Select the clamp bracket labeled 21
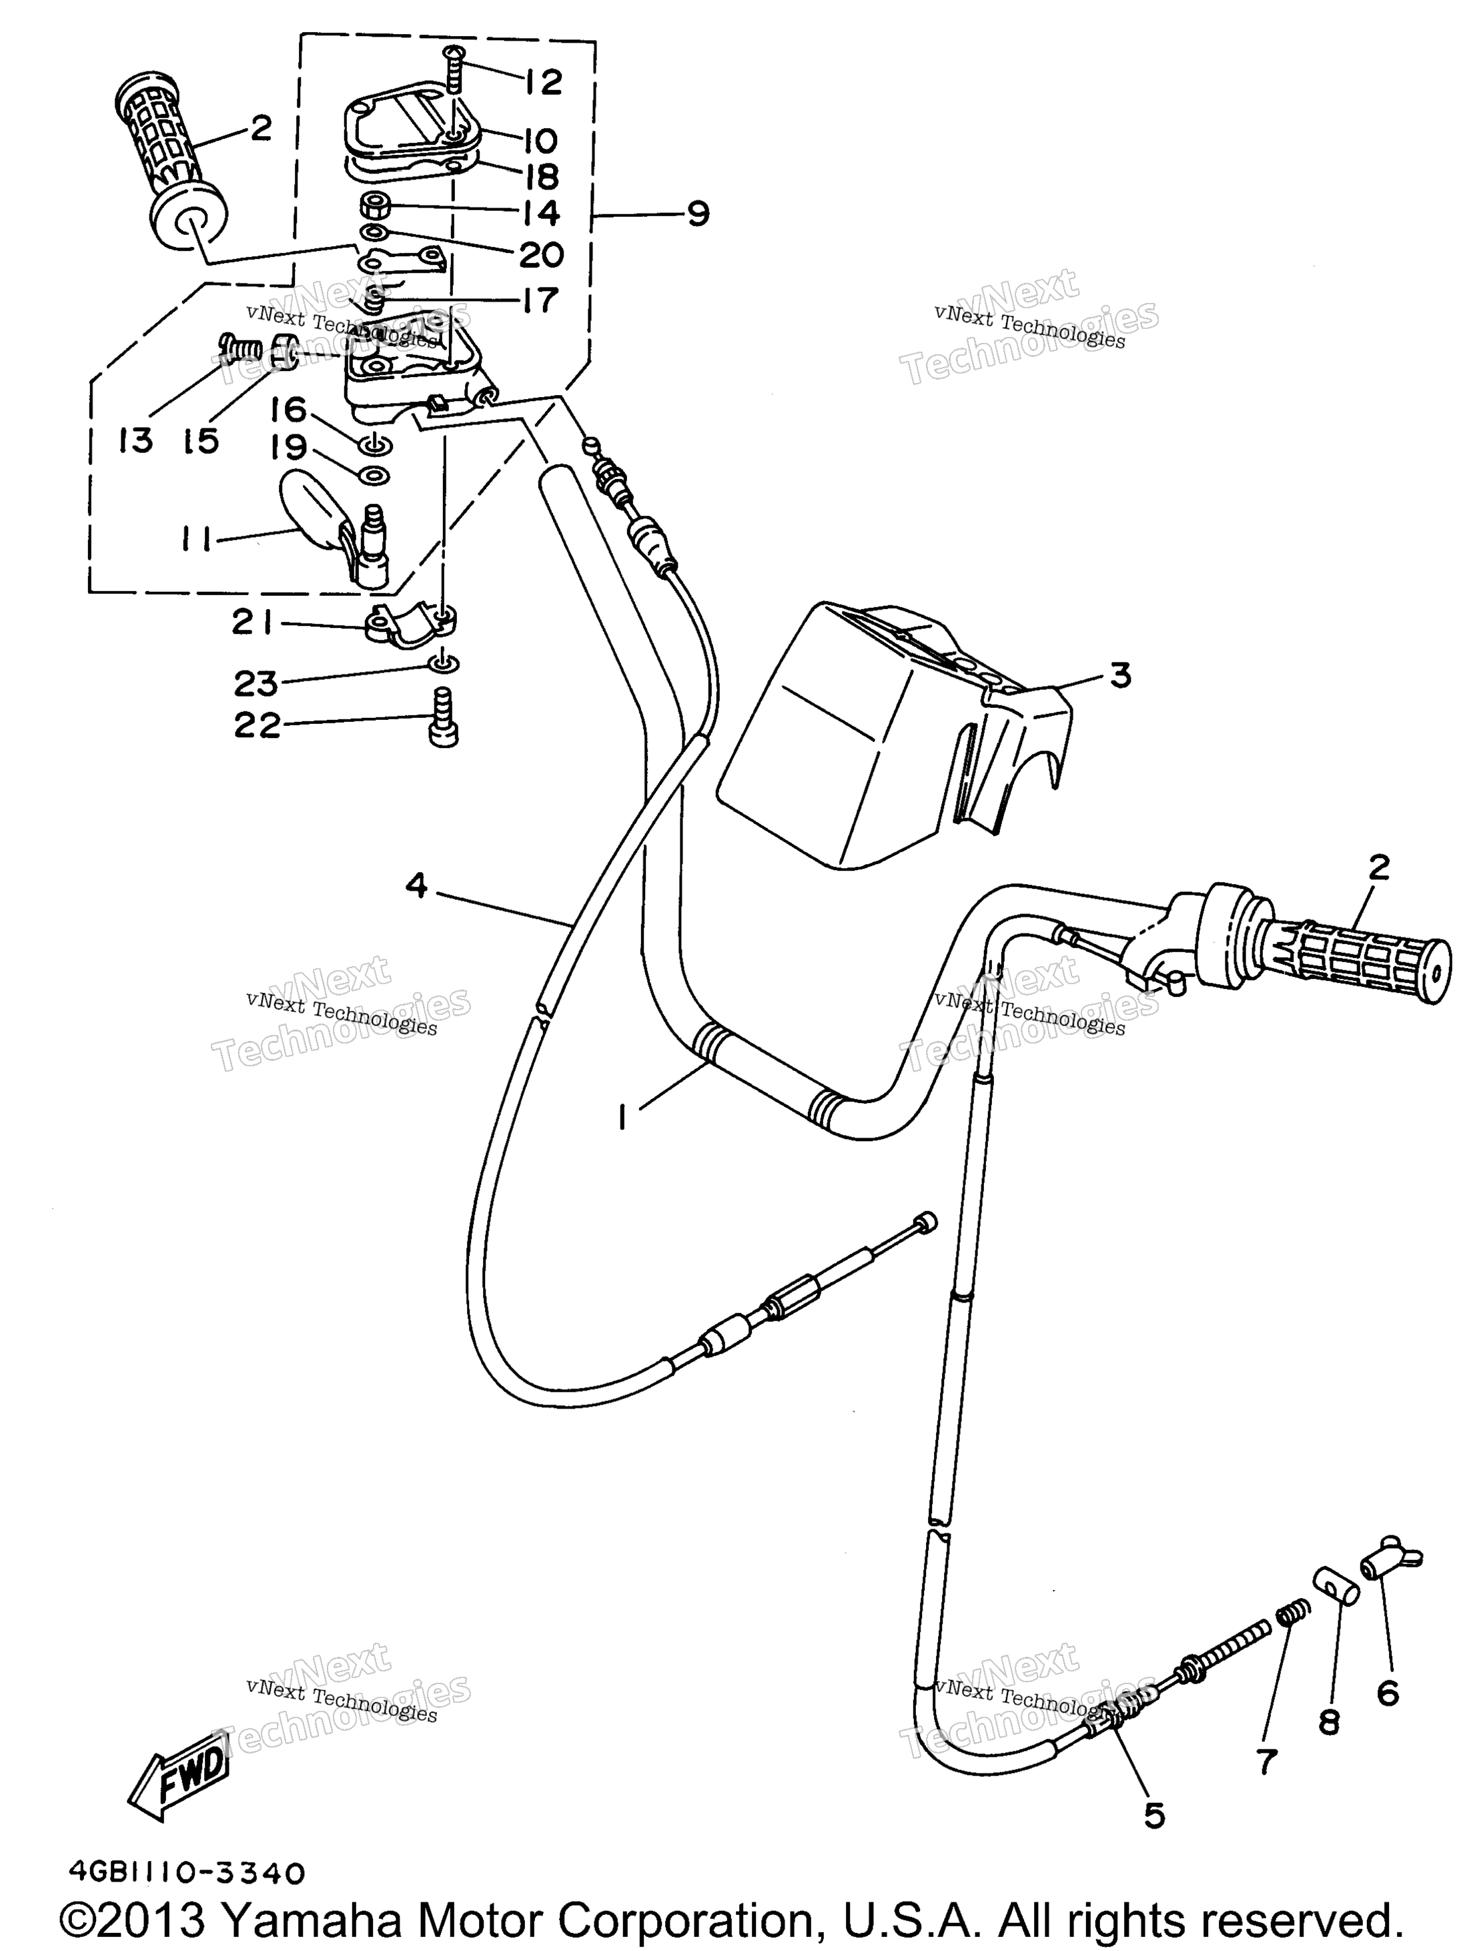411,625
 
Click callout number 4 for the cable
416,885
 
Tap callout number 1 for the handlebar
624,1118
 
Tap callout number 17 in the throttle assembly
540,300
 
